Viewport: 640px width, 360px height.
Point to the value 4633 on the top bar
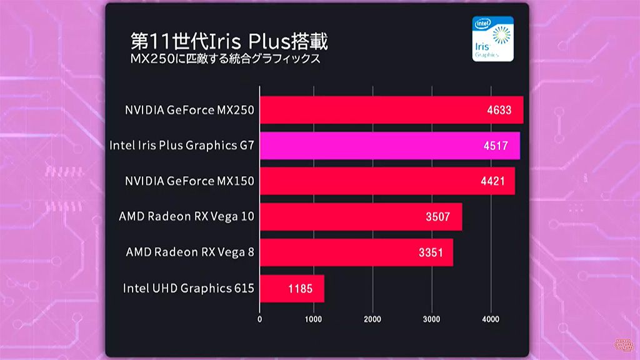pyautogui.click(x=499, y=111)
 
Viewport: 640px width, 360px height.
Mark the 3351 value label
pyautogui.click(x=431, y=253)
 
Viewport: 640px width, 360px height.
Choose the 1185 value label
pyautogui.click(x=301, y=289)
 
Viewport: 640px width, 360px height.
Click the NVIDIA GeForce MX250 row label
pyautogui.click(x=189, y=111)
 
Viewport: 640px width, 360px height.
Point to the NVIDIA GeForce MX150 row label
pyautogui.click(x=189, y=182)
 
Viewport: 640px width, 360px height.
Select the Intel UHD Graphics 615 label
pyautogui.click(x=188, y=289)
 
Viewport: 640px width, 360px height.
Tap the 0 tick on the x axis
pyautogui.click(x=260, y=319)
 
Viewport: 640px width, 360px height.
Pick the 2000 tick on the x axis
pyautogui.click(x=373, y=319)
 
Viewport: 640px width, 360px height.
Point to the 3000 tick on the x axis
pyautogui.click(x=432, y=319)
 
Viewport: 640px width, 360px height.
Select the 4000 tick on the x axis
pyautogui.click(x=491, y=319)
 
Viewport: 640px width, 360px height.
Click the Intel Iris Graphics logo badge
pyautogui.click(x=493, y=39)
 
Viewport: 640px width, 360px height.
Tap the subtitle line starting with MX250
pyautogui.click(x=225, y=60)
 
